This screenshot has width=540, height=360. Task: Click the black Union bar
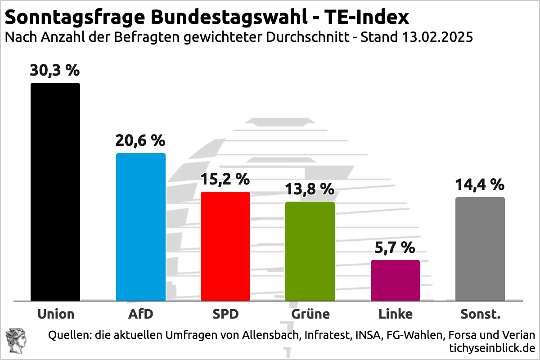point(55,192)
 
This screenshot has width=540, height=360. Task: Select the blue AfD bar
point(141,227)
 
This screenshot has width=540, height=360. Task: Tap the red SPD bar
point(225,246)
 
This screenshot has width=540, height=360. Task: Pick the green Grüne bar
point(310,251)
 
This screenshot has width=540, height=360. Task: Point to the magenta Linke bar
point(395,280)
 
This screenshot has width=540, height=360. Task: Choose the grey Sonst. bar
point(480,249)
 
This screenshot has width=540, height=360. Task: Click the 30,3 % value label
point(55,71)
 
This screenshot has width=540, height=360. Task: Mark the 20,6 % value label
point(140,141)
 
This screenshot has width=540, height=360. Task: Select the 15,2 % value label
point(225,180)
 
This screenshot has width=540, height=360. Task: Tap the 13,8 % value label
point(310,189)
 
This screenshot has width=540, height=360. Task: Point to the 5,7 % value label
point(395,247)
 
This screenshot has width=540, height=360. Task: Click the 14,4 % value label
point(480,185)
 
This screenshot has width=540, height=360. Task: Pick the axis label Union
point(56,314)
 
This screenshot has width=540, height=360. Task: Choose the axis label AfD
point(141,314)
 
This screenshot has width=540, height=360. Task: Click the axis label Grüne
point(310,314)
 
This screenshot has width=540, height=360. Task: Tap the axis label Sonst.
point(480,314)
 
